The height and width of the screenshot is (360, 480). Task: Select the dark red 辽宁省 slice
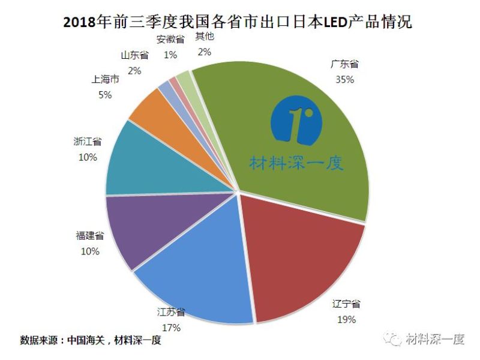(300, 258)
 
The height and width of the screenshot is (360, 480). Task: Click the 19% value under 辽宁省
(346, 319)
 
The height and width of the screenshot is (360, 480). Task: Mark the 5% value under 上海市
(105, 95)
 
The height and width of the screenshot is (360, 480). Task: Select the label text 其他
(204, 37)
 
